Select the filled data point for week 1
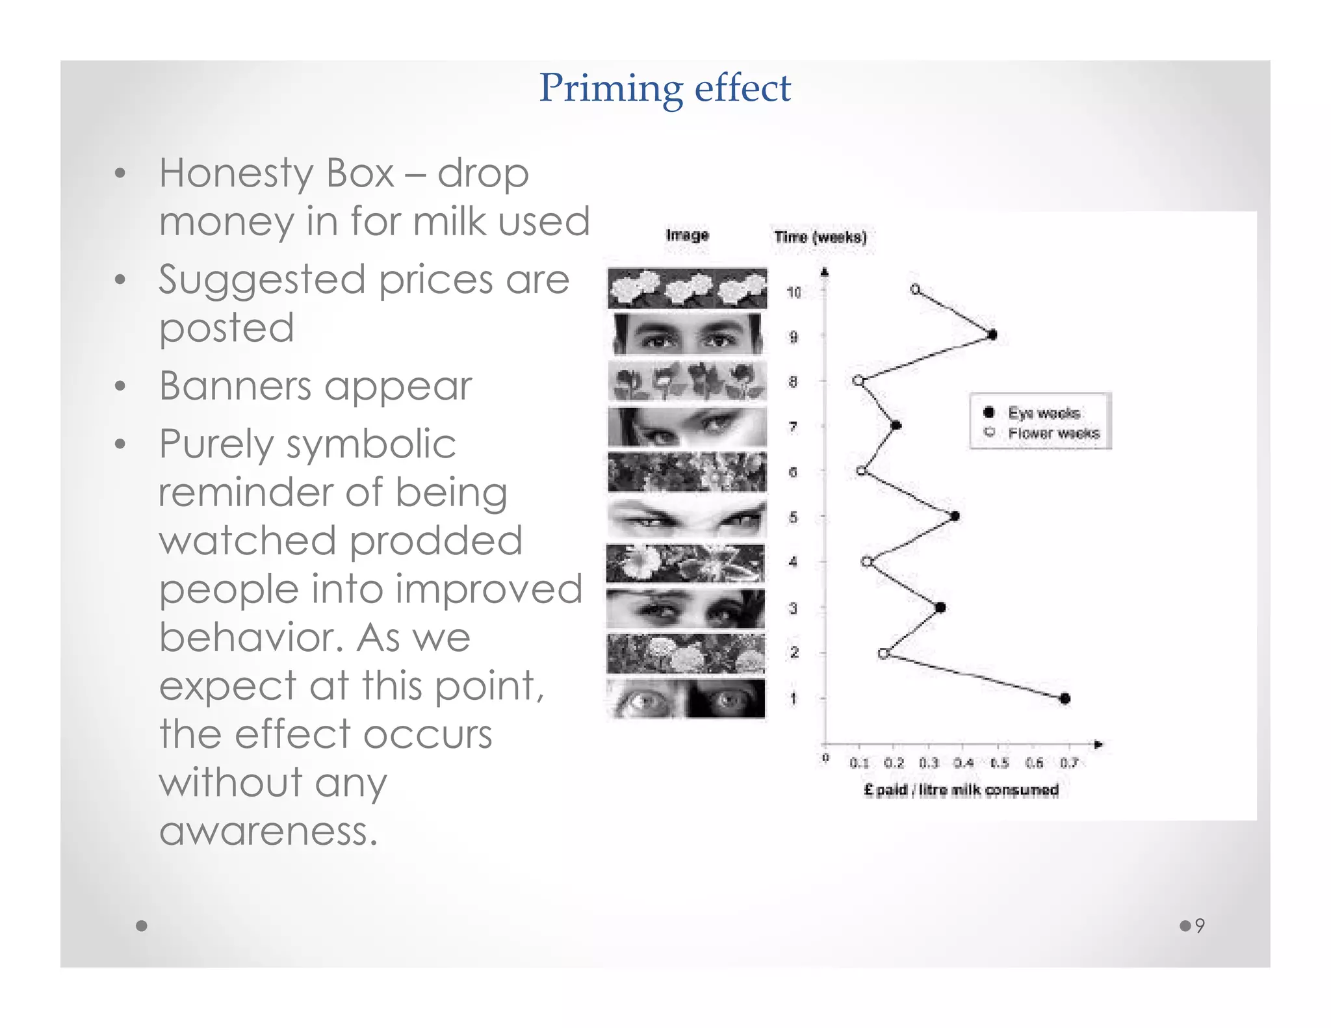pos(1065,699)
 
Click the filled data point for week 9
pos(992,335)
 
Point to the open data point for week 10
pos(915,289)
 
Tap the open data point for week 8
pos(858,381)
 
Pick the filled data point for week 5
pos(955,517)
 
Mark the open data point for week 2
pos(883,654)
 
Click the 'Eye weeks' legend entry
pos(1043,413)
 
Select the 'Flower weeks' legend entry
pos(1053,433)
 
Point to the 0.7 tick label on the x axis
pos(1069,763)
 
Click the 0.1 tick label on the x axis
pos(859,763)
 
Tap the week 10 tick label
pos(794,292)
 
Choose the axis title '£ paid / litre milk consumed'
pos(961,790)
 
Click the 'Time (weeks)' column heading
pos(820,237)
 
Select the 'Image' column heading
pos(687,235)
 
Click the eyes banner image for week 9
pos(687,335)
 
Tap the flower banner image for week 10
pos(687,289)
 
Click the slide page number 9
pos(1199,925)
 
